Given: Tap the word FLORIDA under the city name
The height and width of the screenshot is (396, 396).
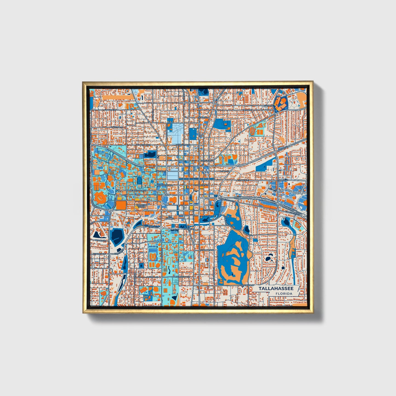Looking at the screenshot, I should tap(284, 294).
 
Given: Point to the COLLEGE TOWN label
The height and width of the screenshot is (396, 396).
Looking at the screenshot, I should tap(141, 206).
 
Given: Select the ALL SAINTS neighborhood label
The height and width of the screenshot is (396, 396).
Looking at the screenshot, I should tap(170, 218).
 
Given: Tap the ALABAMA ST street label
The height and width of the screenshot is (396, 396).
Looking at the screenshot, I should tap(110, 109).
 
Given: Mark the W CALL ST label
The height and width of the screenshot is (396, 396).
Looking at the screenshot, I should tap(162, 171).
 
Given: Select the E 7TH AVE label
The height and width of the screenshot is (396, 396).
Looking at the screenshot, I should tap(269, 106).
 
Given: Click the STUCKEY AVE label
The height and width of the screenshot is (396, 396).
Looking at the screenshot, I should tap(99, 254).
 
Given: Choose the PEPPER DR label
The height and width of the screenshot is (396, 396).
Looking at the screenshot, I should tap(100, 240).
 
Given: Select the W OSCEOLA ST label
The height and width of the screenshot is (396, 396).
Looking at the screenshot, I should tap(183, 277).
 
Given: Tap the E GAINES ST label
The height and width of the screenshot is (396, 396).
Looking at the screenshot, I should tap(209, 210).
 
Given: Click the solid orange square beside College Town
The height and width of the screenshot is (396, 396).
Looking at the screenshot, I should tap(121, 205).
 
